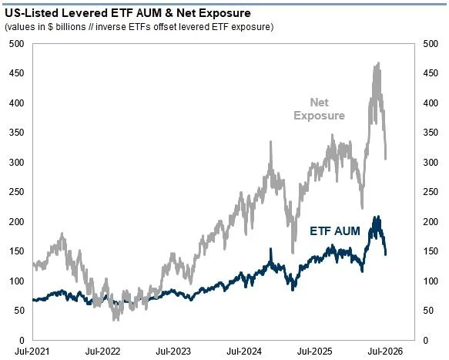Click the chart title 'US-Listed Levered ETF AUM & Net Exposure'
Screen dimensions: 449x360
pos(128,13)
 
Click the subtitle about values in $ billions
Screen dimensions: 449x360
pos(139,27)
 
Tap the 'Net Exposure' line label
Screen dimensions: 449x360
pos(320,109)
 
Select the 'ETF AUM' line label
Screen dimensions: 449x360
pos(335,230)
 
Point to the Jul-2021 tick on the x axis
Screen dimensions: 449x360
pos(32,351)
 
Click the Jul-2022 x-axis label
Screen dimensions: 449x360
pos(102,351)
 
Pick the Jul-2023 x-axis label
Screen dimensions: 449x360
pos(173,351)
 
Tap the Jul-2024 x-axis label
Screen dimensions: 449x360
pos(244,351)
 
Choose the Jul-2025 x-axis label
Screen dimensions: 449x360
pos(315,351)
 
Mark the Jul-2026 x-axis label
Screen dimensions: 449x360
pos(385,351)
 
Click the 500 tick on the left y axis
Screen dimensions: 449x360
pos(17,44)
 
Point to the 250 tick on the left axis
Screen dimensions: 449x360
pos(17,192)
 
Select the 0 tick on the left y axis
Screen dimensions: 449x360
pos(22,341)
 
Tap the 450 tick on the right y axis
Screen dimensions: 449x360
pos(431,73)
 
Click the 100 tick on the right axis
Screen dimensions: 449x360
pos(431,281)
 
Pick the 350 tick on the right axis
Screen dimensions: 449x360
pos(431,133)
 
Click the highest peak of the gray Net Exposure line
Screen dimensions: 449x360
pos(379,62)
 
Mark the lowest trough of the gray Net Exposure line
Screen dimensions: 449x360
pos(115,320)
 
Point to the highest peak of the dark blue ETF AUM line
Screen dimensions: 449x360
pos(379,217)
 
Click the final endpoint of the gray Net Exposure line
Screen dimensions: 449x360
pos(386,159)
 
